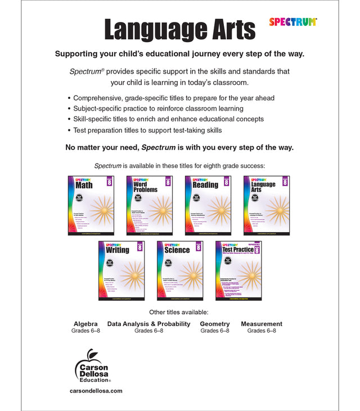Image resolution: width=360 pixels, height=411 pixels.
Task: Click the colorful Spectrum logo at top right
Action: pos(292,22)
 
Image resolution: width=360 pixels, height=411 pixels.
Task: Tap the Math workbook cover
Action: pos(91,205)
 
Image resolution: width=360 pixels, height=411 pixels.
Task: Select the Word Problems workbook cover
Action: pos(149,205)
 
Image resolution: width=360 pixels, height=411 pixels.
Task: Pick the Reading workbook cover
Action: pos(208,205)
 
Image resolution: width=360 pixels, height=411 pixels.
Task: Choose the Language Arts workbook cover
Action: pos(266,205)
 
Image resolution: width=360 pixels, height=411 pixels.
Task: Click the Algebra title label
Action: pos(85,324)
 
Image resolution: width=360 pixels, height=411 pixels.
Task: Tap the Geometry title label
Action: pos(215,324)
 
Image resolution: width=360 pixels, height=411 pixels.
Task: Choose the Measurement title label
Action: pos(262,324)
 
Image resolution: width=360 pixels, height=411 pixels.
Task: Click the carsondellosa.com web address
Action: pos(96,391)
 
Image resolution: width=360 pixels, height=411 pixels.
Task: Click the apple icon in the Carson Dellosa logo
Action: pos(88,354)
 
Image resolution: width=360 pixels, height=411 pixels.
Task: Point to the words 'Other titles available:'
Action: pos(179,311)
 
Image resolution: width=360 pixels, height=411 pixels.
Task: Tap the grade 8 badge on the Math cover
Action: pos(109,182)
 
